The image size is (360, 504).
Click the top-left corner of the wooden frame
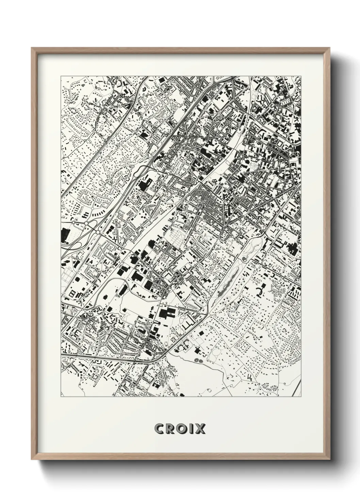(32, 48)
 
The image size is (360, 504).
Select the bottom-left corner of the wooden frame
(32, 460)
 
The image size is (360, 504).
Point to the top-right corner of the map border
(301, 76)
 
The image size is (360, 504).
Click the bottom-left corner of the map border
(61, 397)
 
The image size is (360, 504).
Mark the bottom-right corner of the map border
(301, 397)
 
